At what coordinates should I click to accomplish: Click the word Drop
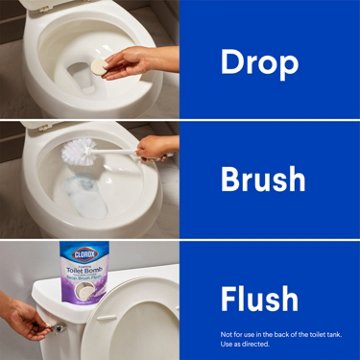(259, 63)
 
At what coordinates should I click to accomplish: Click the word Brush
(263, 180)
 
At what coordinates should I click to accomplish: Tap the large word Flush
(259, 298)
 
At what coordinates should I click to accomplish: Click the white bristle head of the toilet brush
(80, 153)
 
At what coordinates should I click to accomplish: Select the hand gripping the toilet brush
(155, 149)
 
